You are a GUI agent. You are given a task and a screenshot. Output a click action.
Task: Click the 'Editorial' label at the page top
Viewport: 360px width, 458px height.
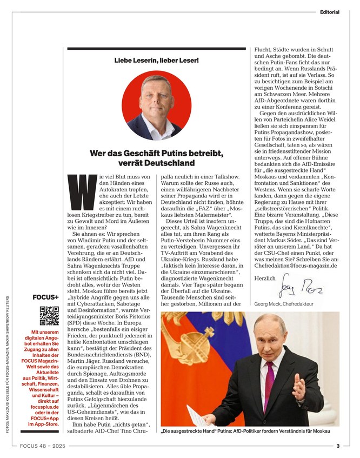329,11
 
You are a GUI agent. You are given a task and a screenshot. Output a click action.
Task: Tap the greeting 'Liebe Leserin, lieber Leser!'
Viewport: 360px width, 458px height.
156,59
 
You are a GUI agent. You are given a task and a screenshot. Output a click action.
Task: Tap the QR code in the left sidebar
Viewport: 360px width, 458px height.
49,316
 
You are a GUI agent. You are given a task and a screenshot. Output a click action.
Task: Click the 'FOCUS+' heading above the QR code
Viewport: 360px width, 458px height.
46,297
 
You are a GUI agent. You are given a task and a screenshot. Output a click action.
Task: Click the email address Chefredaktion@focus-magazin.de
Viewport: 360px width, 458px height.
296,265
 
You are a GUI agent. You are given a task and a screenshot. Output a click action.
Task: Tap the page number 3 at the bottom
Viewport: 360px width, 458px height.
338,446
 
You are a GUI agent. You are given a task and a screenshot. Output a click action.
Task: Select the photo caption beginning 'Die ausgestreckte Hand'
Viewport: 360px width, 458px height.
245,432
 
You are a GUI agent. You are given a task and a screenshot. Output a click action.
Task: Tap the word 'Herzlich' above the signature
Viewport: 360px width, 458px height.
264,278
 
